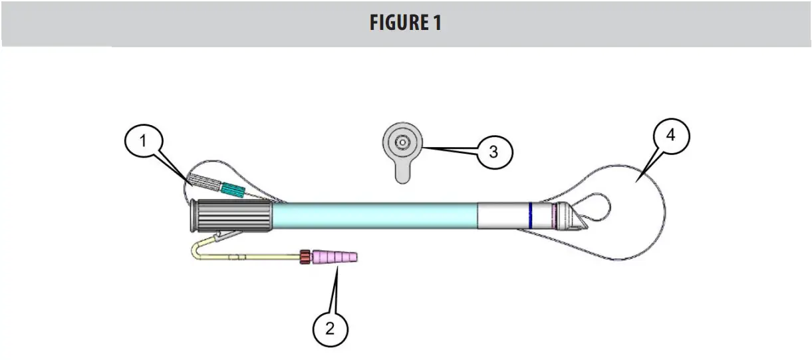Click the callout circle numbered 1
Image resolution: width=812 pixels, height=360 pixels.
(x=142, y=142)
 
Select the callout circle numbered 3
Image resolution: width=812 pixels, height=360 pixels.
(x=493, y=152)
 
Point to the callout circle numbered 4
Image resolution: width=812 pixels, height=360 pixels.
(x=670, y=135)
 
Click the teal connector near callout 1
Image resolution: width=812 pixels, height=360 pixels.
(x=232, y=190)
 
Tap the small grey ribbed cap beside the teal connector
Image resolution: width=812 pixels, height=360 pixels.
(x=205, y=181)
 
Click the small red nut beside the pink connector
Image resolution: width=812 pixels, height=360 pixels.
(x=305, y=257)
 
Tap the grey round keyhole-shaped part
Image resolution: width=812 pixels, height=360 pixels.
(x=402, y=144)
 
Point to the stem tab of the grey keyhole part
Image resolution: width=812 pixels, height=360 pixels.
(x=402, y=173)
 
